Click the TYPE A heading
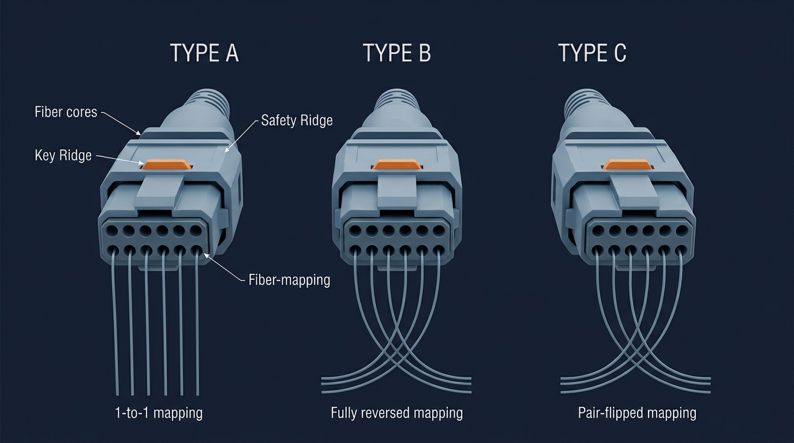204,53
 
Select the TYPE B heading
397,53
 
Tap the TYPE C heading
592,53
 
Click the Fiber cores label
66,112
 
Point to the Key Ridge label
63,155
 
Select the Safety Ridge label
297,121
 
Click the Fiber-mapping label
289,280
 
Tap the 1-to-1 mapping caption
159,413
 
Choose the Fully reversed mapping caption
396,413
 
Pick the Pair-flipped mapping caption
637,413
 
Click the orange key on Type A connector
166,164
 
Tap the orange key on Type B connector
397,164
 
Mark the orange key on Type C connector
627,164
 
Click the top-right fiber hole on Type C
681,231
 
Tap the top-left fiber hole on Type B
355,231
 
